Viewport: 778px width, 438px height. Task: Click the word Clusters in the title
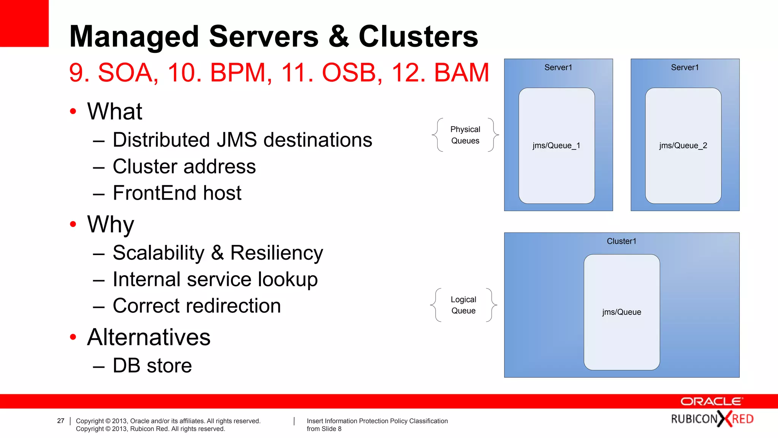(418, 36)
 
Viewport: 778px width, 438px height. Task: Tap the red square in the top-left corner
(24, 23)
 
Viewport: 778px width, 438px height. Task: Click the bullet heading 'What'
(114, 111)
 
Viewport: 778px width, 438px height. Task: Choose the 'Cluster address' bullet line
(184, 167)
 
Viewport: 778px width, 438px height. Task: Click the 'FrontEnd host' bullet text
(177, 193)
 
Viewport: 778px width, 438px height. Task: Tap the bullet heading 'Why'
(111, 224)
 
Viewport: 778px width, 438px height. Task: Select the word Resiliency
(277, 253)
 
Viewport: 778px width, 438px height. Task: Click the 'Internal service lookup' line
(215, 279)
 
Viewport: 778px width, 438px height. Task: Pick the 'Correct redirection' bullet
(196, 306)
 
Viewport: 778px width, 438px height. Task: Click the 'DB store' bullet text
(152, 365)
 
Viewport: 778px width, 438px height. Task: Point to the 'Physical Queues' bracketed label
(465, 135)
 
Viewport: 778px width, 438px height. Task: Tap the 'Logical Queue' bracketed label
(463, 305)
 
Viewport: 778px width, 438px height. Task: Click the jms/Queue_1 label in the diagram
(556, 146)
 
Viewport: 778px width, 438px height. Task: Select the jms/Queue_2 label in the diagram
(683, 146)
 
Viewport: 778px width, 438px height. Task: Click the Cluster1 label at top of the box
(621, 241)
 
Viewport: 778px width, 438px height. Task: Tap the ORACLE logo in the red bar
(711, 401)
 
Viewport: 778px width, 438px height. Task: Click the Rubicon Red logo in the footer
(712, 419)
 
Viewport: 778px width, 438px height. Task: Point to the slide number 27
(61, 421)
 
